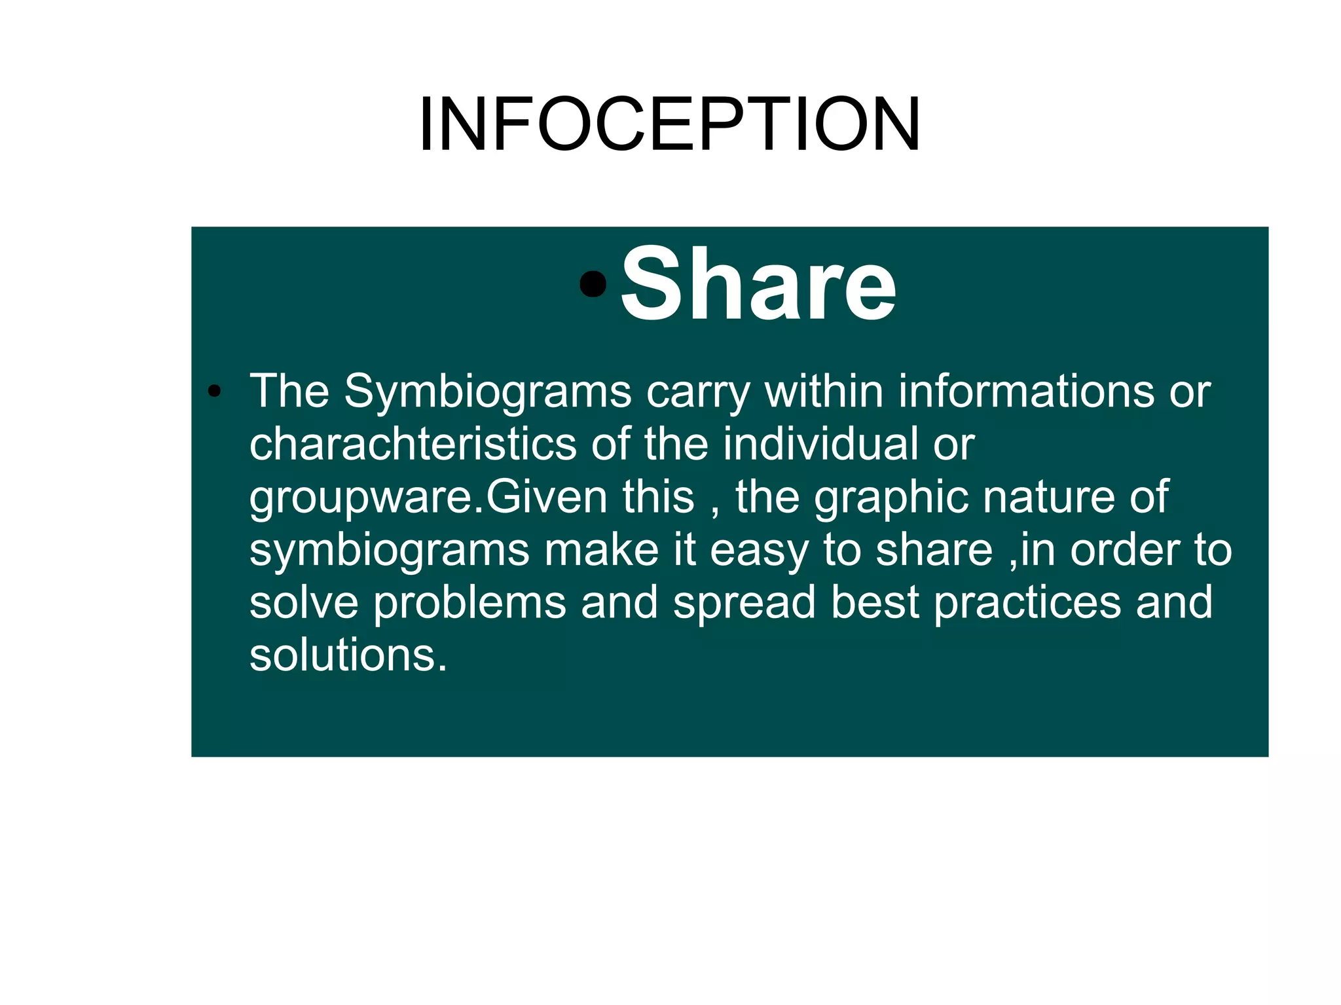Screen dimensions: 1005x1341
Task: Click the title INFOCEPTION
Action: pyautogui.click(x=670, y=124)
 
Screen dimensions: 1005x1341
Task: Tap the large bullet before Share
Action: pyautogui.click(x=593, y=284)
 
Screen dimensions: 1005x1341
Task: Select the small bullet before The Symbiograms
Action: pyautogui.click(x=213, y=392)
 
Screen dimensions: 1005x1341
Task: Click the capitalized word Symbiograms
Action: pyautogui.click(x=488, y=392)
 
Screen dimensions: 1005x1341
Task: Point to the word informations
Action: pyautogui.click(x=1026, y=392)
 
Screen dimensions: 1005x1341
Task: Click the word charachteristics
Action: pyautogui.click(x=413, y=444)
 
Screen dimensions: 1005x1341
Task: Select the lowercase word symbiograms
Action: pyautogui.click(x=390, y=550)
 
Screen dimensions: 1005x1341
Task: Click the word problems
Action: pyautogui.click(x=469, y=602)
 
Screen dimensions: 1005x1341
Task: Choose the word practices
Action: pyautogui.click(x=1027, y=602)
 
